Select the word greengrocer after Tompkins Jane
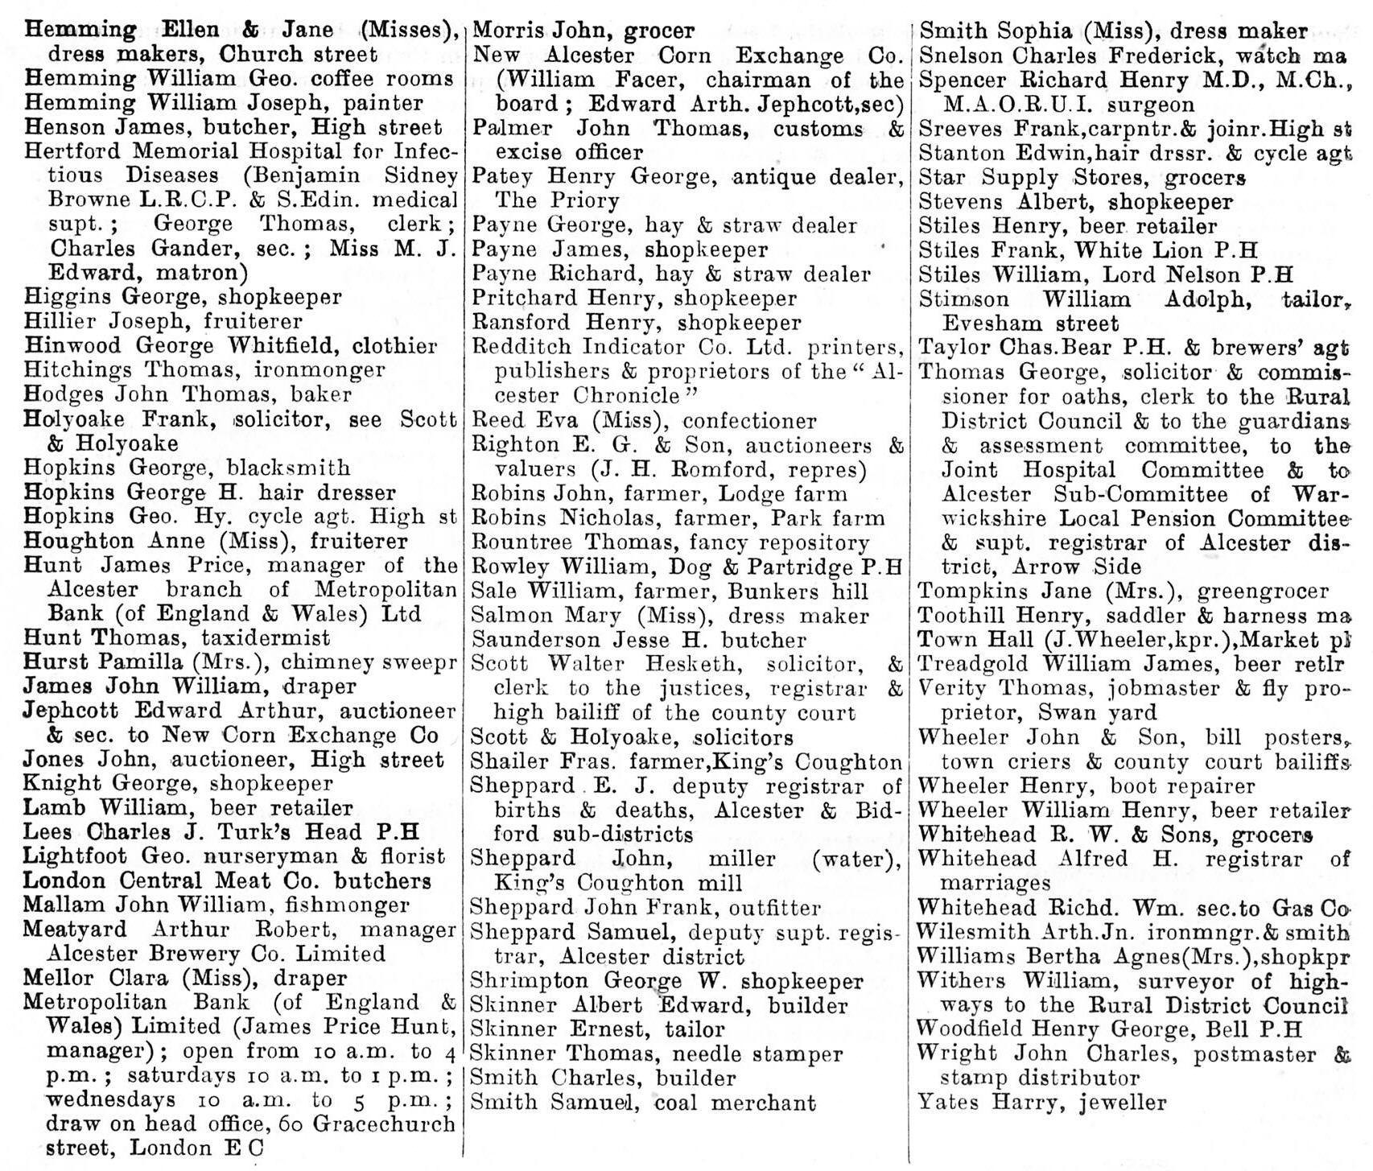(x=1263, y=592)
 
